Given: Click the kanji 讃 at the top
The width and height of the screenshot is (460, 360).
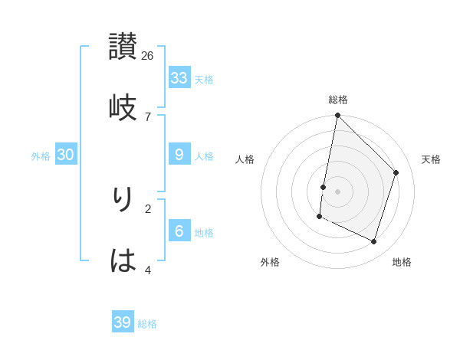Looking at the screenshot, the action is coord(123,46).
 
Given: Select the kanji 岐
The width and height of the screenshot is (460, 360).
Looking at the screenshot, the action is coord(123,106).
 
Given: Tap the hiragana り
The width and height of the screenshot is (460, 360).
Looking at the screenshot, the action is coord(123,198).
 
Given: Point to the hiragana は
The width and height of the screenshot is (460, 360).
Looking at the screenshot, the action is coord(123,260).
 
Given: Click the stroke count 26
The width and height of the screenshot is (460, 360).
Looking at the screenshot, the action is coord(148,55).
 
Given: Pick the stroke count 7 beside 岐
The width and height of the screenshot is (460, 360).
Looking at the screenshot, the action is coord(148,116).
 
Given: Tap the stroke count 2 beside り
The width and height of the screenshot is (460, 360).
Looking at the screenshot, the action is coord(148,208).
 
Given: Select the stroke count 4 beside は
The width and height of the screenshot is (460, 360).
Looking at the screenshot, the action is coord(148,270).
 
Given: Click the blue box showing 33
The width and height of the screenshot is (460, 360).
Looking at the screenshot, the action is coord(179,77).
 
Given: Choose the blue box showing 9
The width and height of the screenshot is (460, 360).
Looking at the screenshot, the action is coord(179,154).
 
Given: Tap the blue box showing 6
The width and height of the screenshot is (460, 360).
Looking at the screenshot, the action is coord(179,231).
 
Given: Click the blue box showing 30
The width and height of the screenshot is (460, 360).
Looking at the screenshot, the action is coord(66,154).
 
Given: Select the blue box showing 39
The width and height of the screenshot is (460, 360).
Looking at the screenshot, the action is coord(123,322).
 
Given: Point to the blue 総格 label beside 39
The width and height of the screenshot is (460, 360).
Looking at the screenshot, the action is coord(148,324).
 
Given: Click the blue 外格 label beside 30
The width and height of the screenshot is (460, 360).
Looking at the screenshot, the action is coord(41,156).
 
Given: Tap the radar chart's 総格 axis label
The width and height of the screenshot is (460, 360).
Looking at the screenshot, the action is coord(338,100).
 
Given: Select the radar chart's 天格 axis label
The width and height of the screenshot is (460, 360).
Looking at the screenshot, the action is coord(431,159).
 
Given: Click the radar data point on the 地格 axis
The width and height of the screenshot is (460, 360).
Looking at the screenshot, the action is coord(373,241).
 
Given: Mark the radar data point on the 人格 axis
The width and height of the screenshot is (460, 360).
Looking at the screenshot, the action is coord(324,187).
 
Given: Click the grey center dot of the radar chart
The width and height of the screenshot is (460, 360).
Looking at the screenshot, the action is coord(338,191).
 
